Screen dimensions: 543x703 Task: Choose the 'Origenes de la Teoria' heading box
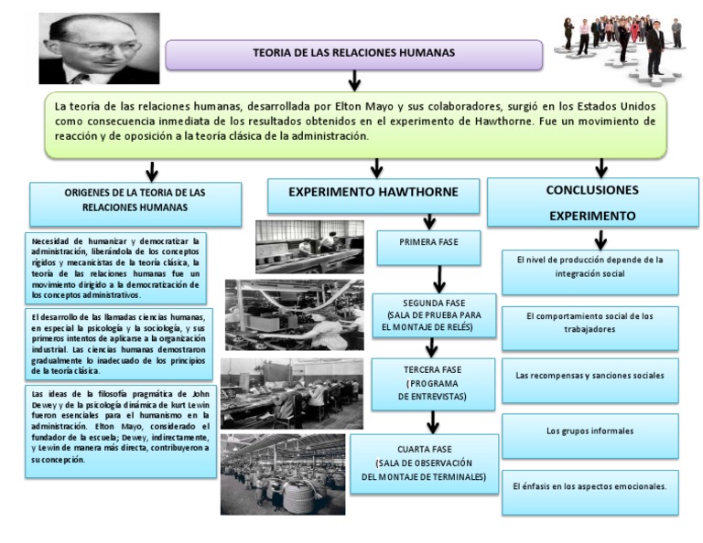pyautogui.click(x=135, y=200)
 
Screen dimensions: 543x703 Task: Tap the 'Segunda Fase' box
pyautogui.click(x=435, y=314)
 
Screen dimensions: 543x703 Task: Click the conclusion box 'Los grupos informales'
pyautogui.click(x=589, y=431)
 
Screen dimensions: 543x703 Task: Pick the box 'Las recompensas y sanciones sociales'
pyautogui.click(x=589, y=376)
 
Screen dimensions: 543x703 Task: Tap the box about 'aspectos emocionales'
pyautogui.click(x=589, y=484)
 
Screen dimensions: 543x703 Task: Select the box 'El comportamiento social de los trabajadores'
pyautogui.click(x=589, y=323)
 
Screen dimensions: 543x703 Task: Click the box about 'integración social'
pyautogui.click(x=589, y=267)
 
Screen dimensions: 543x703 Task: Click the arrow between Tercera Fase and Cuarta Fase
pyautogui.click(x=433, y=422)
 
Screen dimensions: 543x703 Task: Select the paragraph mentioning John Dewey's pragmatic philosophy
pyautogui.click(x=119, y=426)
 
